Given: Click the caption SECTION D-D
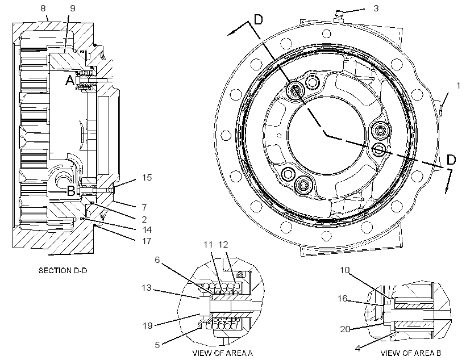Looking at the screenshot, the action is point(63,270).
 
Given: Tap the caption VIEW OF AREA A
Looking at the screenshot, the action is point(223,353).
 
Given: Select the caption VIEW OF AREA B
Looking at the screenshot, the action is point(411,353).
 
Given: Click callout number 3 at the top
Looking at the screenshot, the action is point(376,9).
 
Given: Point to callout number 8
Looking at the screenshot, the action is point(43,9).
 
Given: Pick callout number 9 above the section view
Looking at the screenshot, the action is point(73,9).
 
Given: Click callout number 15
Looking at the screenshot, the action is point(147,177).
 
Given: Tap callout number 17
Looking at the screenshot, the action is point(147,241).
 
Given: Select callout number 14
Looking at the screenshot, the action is point(147,229).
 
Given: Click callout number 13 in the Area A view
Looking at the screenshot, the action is point(147,287).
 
